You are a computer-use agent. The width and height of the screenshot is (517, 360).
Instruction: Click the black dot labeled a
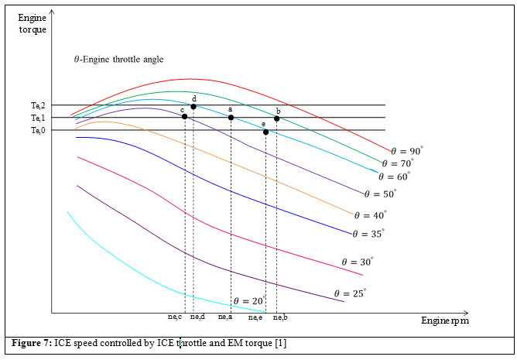click(231, 118)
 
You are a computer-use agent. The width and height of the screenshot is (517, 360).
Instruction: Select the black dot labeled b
click(276, 118)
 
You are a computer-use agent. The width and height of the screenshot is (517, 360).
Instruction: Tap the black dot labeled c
click(184, 116)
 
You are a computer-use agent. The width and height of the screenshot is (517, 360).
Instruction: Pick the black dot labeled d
click(193, 106)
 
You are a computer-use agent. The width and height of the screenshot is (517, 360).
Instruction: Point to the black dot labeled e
click(265, 132)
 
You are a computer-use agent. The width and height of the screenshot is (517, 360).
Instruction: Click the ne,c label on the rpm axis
click(175, 317)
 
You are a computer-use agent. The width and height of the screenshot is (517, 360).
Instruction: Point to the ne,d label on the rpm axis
click(197, 317)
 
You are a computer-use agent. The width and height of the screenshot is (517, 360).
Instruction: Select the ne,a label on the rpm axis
click(225, 317)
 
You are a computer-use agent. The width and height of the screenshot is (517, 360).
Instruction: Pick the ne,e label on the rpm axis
click(255, 317)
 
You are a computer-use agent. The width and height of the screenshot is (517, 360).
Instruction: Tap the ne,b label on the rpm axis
click(280, 317)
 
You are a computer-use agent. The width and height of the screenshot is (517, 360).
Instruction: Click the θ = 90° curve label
click(406, 150)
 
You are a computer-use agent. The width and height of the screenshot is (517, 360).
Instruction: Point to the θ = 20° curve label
click(249, 300)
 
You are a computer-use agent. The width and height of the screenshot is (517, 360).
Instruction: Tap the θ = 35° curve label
click(368, 233)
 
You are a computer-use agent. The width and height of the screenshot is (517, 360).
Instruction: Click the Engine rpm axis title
click(444, 320)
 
